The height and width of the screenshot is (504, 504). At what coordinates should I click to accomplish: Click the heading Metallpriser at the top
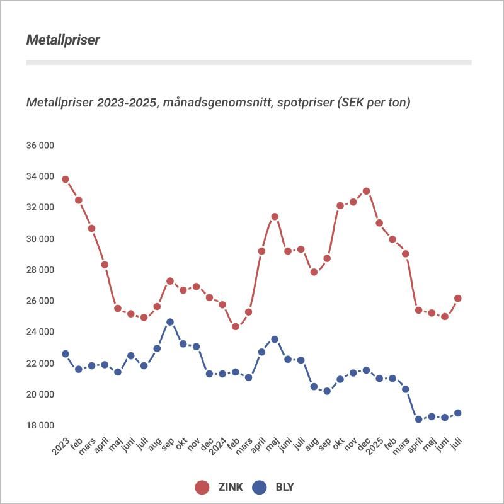63,40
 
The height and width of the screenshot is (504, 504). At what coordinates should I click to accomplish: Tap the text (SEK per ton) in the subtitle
375,102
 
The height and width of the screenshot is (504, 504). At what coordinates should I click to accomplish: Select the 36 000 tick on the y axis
40,146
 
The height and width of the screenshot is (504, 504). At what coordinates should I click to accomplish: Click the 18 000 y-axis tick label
40,425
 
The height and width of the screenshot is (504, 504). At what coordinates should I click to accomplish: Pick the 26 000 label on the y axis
40,301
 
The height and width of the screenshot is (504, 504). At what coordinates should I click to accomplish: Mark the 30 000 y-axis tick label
40,239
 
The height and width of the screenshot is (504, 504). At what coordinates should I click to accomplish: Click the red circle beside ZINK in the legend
202,487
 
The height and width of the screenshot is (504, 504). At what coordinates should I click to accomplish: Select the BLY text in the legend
284,487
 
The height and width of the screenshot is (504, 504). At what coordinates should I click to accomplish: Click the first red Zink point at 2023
65,180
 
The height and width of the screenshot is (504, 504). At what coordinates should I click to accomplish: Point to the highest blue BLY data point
170,322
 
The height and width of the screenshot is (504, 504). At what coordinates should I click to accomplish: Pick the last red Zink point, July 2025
458,298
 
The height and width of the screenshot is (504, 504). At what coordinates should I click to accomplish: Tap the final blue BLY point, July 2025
458,413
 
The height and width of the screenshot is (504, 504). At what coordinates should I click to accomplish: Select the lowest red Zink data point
236,326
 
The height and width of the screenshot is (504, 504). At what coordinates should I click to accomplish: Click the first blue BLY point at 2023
65,354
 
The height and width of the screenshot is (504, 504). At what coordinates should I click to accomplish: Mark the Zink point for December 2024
366,191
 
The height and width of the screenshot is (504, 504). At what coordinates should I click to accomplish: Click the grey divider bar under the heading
249,62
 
